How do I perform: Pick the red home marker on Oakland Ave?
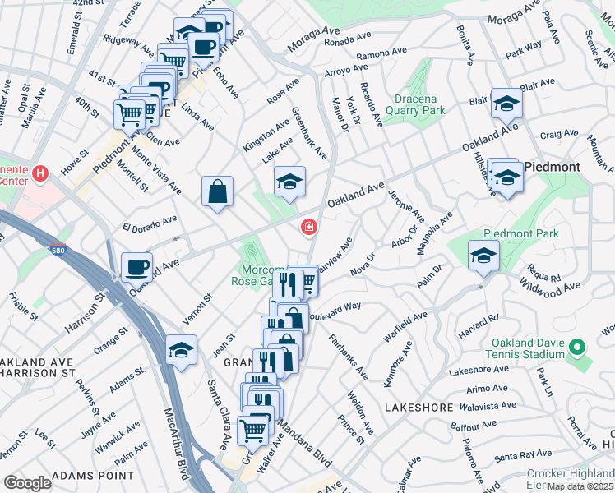click(309, 227)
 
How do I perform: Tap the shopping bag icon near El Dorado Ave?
click(217, 192)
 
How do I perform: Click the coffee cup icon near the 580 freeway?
click(136, 266)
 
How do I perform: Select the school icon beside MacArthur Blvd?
click(180, 350)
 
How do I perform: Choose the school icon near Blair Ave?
click(506, 104)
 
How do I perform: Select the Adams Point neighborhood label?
click(92, 476)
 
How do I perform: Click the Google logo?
click(27, 483)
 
